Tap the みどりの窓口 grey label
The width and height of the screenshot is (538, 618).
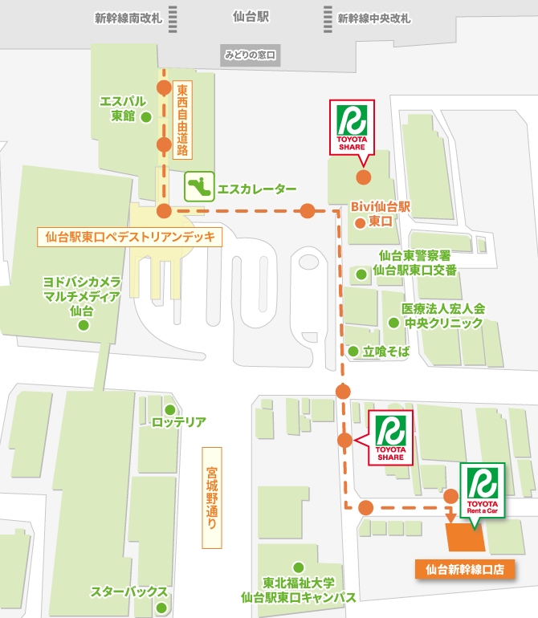(250, 55)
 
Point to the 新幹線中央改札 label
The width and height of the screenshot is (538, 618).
(373, 17)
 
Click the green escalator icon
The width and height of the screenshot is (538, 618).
(198, 187)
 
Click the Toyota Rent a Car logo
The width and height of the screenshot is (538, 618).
(482, 491)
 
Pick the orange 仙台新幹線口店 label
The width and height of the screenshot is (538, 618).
(464, 569)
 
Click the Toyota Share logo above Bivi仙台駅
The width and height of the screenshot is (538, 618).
(352, 127)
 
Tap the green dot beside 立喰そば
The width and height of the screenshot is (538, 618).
(353, 351)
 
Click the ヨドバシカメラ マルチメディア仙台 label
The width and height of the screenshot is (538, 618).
(82, 296)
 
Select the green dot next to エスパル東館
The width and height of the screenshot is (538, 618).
(146, 117)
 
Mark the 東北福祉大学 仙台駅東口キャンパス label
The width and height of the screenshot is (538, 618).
(299, 590)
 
